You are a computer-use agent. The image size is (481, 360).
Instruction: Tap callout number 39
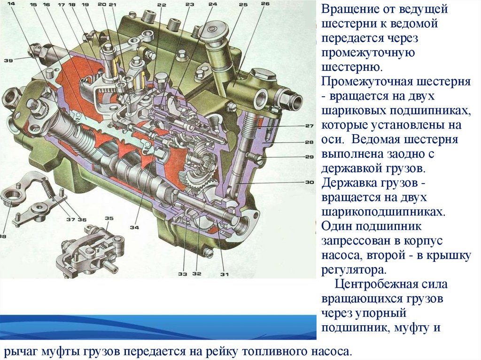(x=8, y=60)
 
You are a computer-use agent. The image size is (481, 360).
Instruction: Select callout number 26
(x=265, y=4)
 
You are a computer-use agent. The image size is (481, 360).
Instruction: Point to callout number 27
(x=309, y=126)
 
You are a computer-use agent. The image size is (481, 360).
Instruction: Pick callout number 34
(x=135, y=228)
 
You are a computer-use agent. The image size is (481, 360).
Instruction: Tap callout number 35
(x=109, y=218)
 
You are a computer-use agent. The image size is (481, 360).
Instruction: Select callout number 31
(x=225, y=275)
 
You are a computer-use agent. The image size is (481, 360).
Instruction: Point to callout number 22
(x=162, y=5)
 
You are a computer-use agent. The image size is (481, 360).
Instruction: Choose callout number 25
(x=243, y=5)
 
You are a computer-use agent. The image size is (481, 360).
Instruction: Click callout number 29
(x=309, y=157)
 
